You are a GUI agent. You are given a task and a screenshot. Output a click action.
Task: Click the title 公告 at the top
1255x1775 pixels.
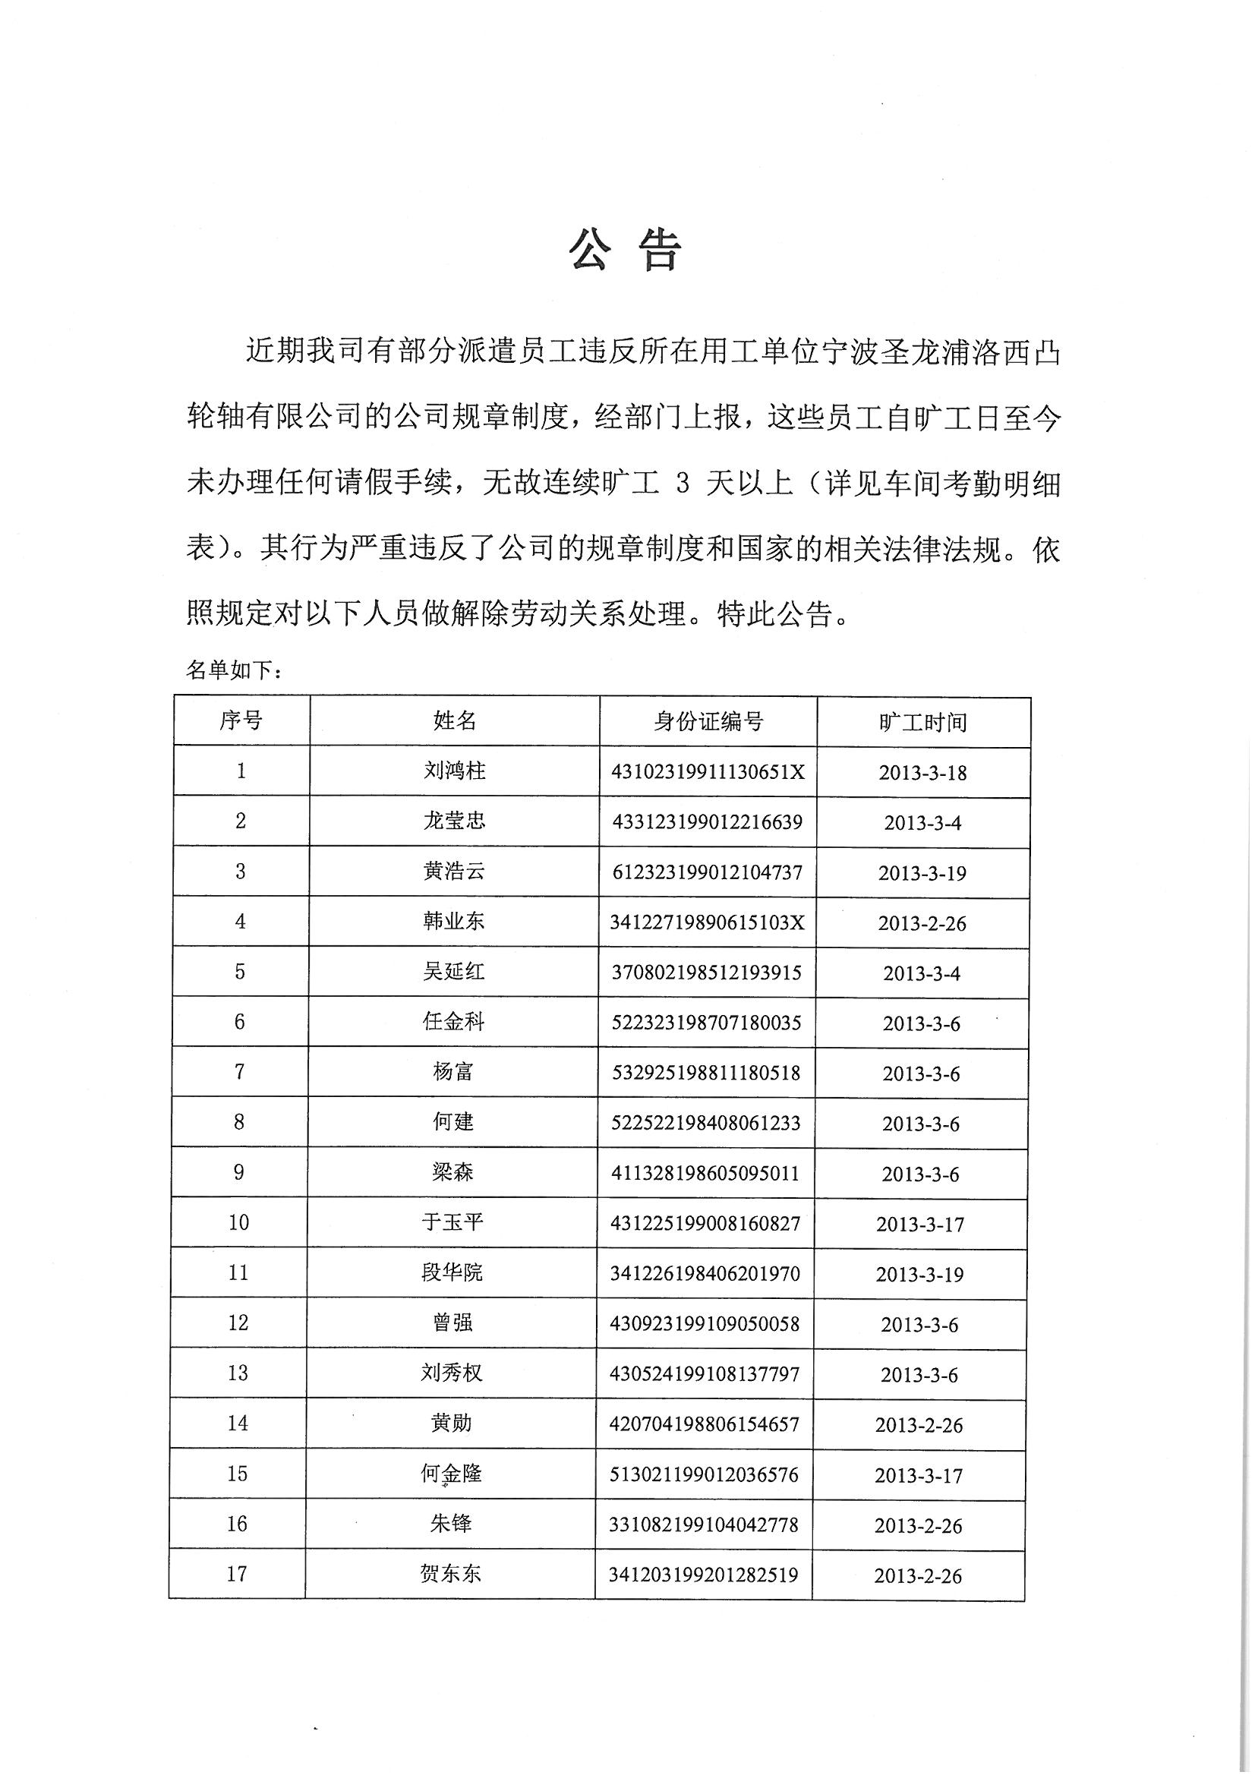pyautogui.click(x=626, y=250)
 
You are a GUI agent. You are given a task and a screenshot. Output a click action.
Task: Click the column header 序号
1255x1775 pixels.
pyautogui.click(x=241, y=720)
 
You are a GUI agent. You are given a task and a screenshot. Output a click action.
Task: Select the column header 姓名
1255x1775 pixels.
pyautogui.click(x=455, y=720)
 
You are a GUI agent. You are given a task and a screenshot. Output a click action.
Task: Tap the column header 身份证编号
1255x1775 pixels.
pyautogui.click(x=708, y=721)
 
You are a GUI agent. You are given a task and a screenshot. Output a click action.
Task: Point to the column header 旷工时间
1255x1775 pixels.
pyautogui.click(x=923, y=722)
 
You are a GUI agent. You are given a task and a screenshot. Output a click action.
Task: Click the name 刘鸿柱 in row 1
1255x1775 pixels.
pyautogui.click(x=455, y=770)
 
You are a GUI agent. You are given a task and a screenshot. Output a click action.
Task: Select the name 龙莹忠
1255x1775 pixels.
pyautogui.click(x=455, y=820)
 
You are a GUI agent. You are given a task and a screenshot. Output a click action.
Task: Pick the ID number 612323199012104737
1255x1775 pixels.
pyautogui.click(x=708, y=872)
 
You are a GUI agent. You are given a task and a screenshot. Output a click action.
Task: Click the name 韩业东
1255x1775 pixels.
pyautogui.click(x=454, y=921)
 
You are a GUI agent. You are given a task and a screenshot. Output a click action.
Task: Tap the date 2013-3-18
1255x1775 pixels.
pyautogui.click(x=922, y=772)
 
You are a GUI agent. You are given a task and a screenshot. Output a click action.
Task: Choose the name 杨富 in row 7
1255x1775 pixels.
pyautogui.click(x=453, y=1071)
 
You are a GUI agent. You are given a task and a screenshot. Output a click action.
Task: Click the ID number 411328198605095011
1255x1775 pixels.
pyautogui.click(x=705, y=1174)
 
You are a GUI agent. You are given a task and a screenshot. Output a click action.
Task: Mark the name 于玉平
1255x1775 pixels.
pyautogui.click(x=452, y=1222)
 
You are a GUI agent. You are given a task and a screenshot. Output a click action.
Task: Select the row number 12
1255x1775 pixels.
pyautogui.click(x=238, y=1323)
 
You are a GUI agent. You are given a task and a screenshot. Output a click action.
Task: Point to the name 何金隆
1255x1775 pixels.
pyautogui.click(x=452, y=1474)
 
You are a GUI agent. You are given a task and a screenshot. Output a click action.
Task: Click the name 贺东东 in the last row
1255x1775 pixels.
pyautogui.click(x=450, y=1574)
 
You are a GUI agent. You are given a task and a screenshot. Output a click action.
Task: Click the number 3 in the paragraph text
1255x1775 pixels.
pyautogui.click(x=682, y=484)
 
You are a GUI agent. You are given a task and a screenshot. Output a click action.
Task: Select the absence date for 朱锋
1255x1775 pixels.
pyautogui.click(x=919, y=1526)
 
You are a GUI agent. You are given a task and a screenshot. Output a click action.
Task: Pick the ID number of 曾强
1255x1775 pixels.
pyautogui.click(x=705, y=1323)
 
